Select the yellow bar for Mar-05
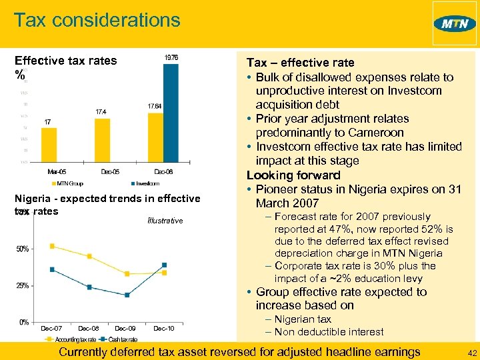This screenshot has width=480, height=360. (x=48, y=144)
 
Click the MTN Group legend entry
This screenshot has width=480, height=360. (x=69, y=183)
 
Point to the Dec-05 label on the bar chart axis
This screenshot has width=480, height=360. (x=109, y=171)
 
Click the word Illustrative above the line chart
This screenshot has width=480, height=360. (x=163, y=221)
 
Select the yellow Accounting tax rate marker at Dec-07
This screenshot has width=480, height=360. (x=52, y=246)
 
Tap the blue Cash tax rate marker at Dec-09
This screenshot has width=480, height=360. (x=127, y=295)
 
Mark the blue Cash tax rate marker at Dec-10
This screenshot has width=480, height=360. (x=163, y=265)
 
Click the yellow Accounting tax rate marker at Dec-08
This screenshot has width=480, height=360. (x=89, y=257)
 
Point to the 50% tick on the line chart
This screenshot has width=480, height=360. (x=22, y=249)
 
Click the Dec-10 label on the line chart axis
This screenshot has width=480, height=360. (x=163, y=329)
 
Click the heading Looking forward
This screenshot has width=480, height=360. (x=293, y=175)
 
